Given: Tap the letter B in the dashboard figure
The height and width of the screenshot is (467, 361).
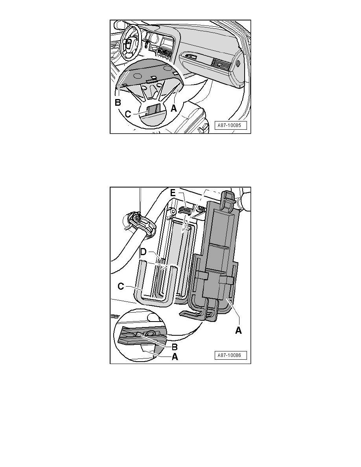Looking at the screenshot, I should [x=118, y=103].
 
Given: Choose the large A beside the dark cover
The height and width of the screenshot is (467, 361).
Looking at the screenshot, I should [x=238, y=331].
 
